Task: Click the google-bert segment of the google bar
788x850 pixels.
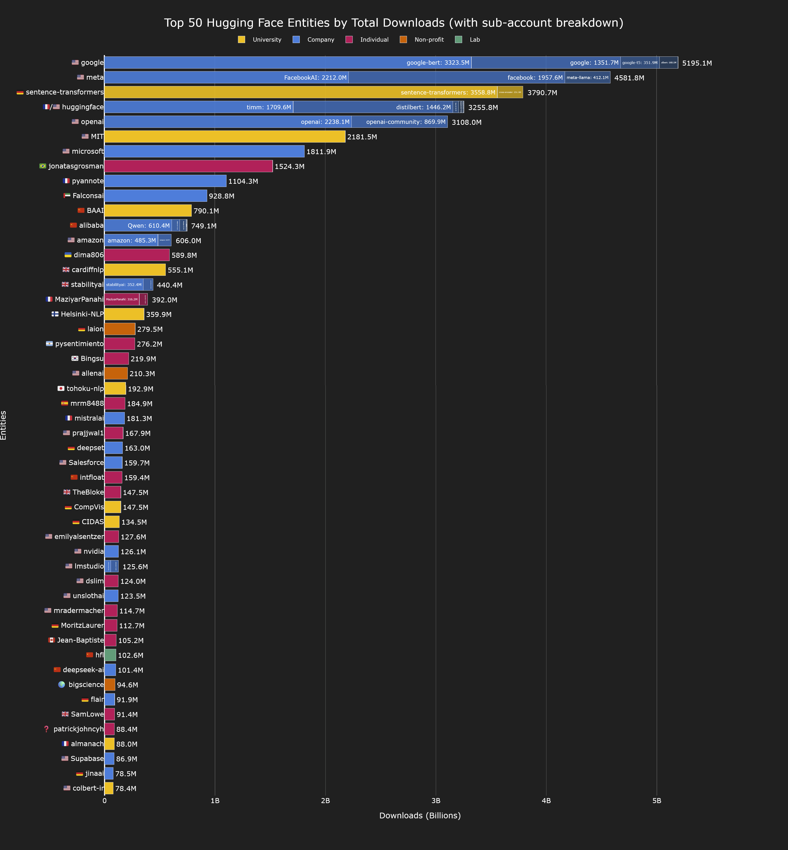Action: coord(288,63)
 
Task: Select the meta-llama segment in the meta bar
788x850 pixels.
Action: coord(587,78)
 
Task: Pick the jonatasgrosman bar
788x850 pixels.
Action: coord(188,166)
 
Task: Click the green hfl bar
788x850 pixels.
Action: coord(110,655)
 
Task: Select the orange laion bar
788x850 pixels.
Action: coord(120,329)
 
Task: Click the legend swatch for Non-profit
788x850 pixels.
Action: coord(403,40)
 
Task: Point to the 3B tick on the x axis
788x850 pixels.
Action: coord(436,801)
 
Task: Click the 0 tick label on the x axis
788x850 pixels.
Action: coord(104,801)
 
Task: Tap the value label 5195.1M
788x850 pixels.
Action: coord(697,63)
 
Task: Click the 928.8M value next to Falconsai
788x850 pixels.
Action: coord(221,196)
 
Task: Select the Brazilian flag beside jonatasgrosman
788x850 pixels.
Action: coord(43,166)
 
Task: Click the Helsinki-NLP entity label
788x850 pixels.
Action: coord(82,314)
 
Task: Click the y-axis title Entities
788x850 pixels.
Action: coord(3,425)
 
